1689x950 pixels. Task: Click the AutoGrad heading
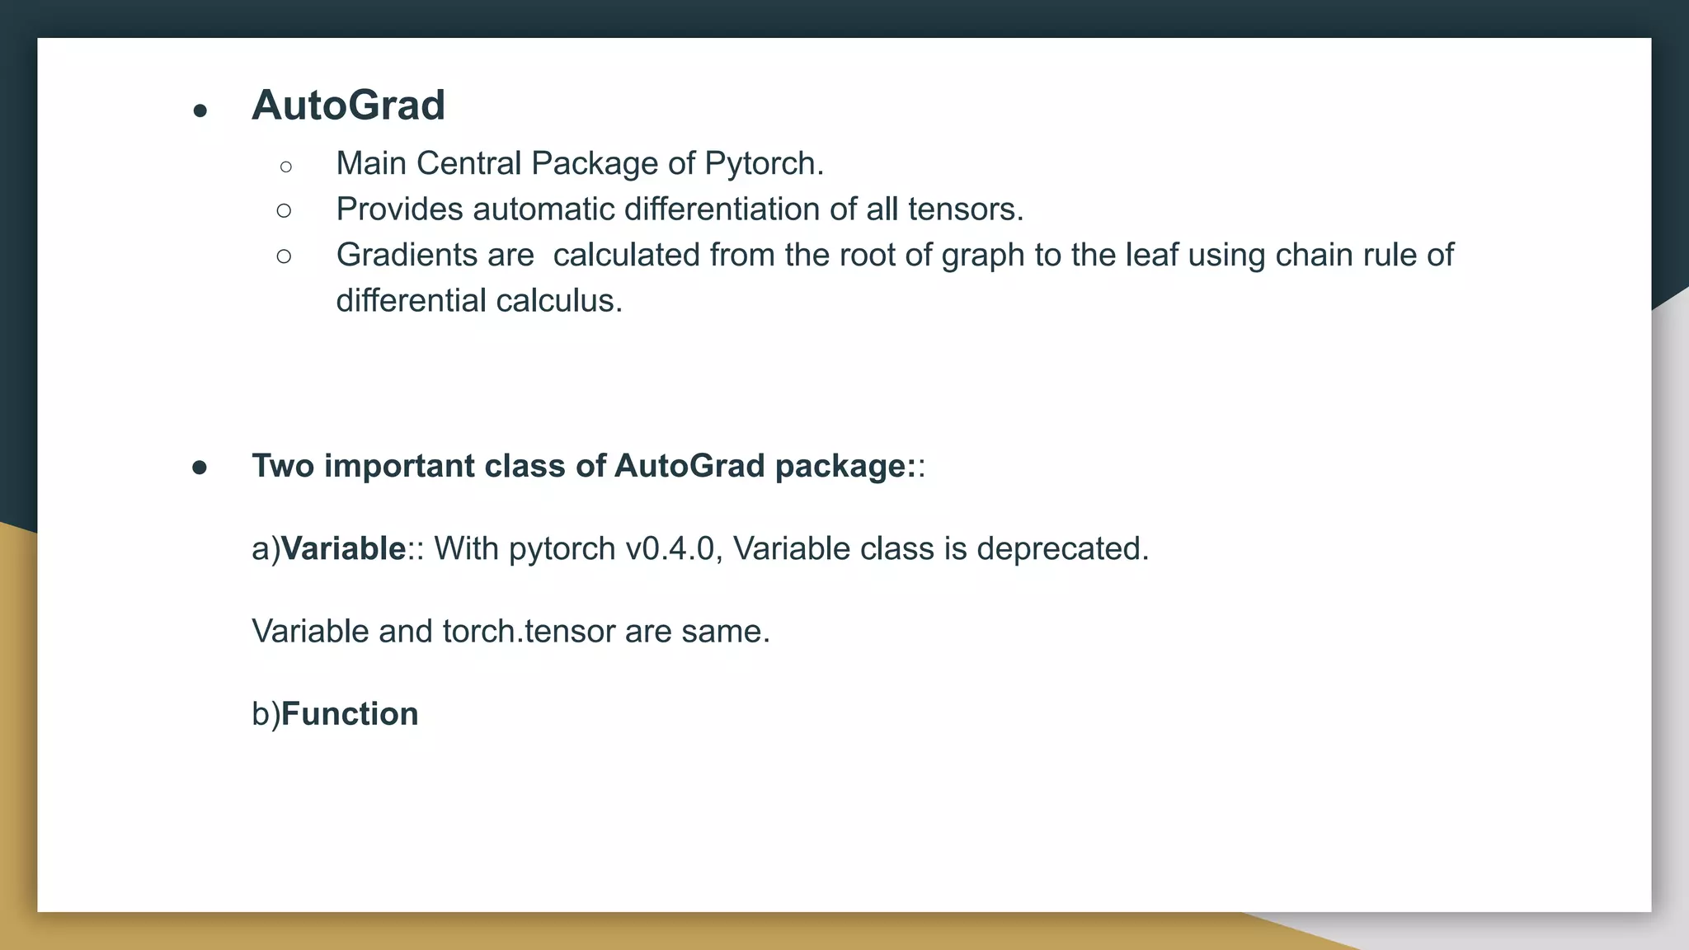tap(348, 106)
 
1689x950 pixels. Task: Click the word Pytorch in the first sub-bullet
tap(764, 164)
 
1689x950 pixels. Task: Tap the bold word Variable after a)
tap(343, 549)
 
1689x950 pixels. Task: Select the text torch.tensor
tap(529, 632)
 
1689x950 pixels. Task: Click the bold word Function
tap(350, 714)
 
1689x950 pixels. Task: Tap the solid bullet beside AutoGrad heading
tap(200, 111)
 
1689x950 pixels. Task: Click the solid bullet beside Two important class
tap(200, 468)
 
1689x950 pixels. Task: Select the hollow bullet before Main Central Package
tap(285, 167)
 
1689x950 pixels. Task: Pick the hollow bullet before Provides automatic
tap(285, 211)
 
